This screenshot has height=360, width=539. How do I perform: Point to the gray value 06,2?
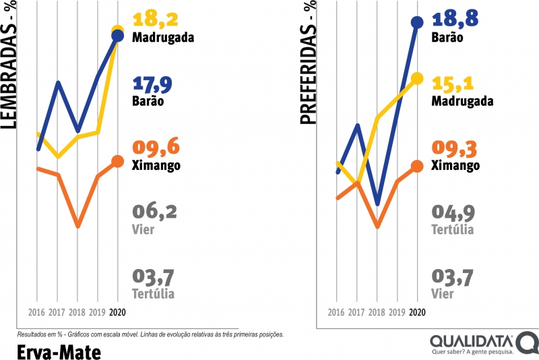click(x=155, y=212)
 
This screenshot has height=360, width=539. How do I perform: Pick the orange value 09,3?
click(x=453, y=147)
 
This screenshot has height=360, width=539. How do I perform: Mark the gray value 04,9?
click(x=453, y=212)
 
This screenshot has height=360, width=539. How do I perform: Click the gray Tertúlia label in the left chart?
click(x=154, y=293)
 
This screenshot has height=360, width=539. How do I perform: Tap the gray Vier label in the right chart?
click(x=443, y=293)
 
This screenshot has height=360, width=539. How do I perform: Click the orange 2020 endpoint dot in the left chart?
click(x=118, y=161)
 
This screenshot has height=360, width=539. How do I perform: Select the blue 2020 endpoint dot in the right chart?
click(x=417, y=22)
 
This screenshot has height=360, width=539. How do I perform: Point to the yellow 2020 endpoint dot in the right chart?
click(x=417, y=78)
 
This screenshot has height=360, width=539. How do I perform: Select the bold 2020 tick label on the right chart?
click(x=417, y=313)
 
